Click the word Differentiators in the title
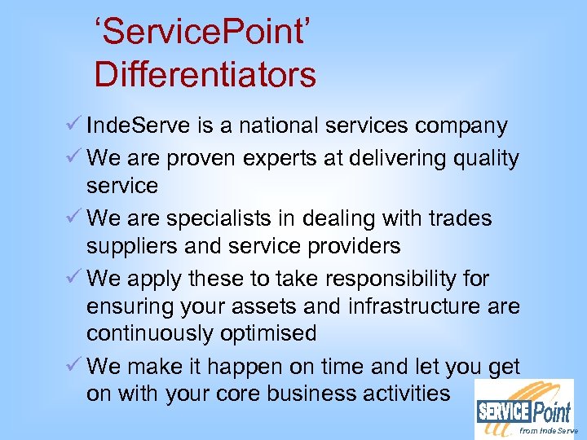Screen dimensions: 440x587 coord(205,75)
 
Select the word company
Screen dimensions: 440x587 coord(461,126)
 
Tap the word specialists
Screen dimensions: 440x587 coord(214,219)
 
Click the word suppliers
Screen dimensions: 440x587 coord(135,246)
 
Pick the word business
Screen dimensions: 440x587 coord(326,394)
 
